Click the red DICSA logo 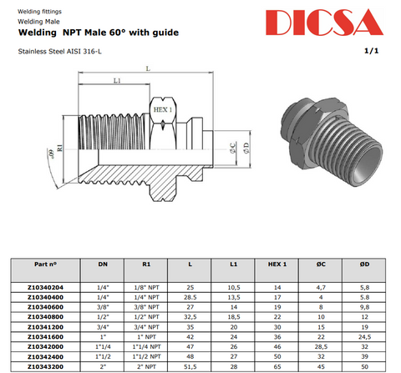[x=324, y=23]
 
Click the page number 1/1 [x=372, y=51]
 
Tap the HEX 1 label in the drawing [x=163, y=109]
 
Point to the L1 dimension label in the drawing [x=117, y=81]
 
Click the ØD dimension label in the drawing [x=246, y=148]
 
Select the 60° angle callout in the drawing [x=51, y=154]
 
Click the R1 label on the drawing [x=60, y=148]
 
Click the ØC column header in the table [x=321, y=265]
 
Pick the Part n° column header [x=45, y=265]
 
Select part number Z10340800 [x=45, y=317]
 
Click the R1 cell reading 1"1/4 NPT [x=146, y=347]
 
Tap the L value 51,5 [x=190, y=367]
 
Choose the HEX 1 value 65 [x=277, y=367]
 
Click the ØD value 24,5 [x=364, y=337]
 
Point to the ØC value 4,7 [x=321, y=288]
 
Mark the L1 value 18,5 [x=234, y=317]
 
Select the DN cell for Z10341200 [x=103, y=327]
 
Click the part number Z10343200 [x=45, y=367]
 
